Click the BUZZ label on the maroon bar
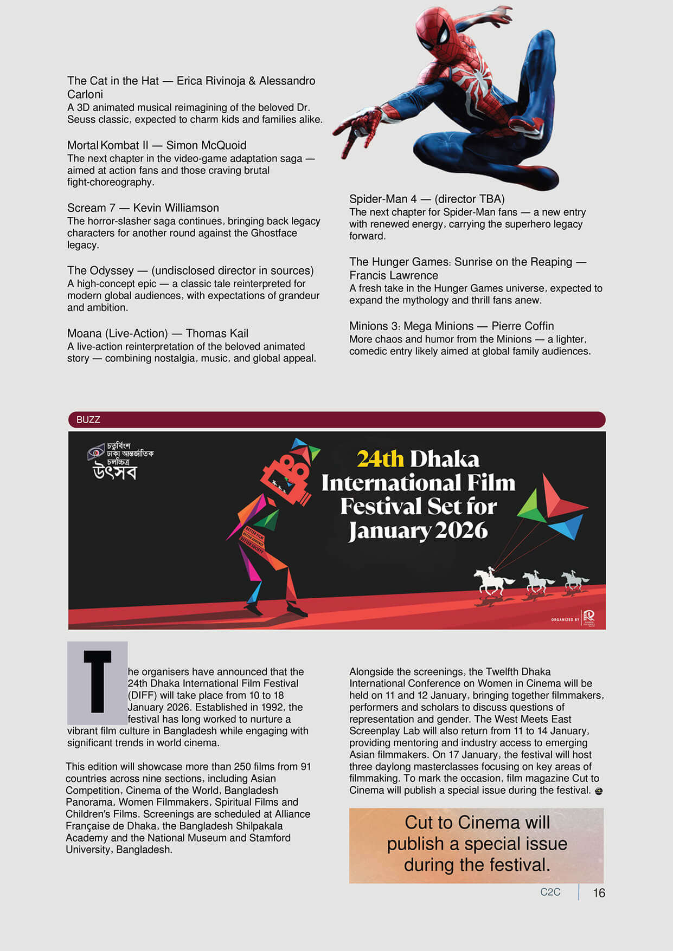(x=88, y=419)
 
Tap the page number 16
(x=599, y=893)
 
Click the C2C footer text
(x=550, y=892)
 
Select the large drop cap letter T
(x=97, y=682)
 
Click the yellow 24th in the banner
(x=380, y=460)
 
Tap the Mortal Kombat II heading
(x=107, y=145)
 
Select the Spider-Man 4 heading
(x=383, y=199)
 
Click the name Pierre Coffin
(x=522, y=326)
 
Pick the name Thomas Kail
(x=217, y=333)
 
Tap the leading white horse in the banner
(x=492, y=581)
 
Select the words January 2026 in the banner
(x=418, y=531)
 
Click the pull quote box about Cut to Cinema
(x=476, y=844)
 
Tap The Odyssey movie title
(x=100, y=271)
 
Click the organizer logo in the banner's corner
(x=589, y=617)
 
